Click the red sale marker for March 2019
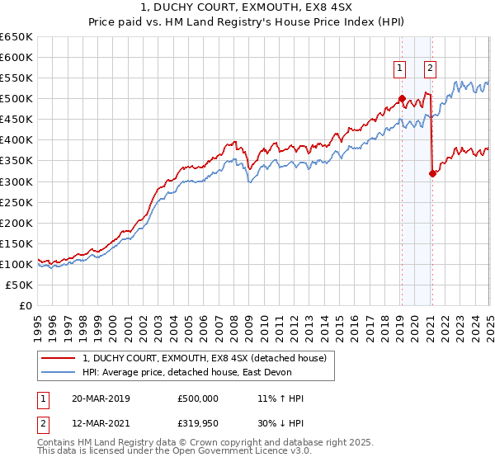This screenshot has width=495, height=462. pos(402,99)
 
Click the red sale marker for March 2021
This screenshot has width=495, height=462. pos(431,173)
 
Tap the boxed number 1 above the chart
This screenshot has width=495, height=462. pos(400,69)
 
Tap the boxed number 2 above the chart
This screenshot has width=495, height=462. pos(431,69)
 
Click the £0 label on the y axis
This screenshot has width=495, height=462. pos(26,305)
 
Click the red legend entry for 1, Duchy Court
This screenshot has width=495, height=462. pos(205,358)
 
